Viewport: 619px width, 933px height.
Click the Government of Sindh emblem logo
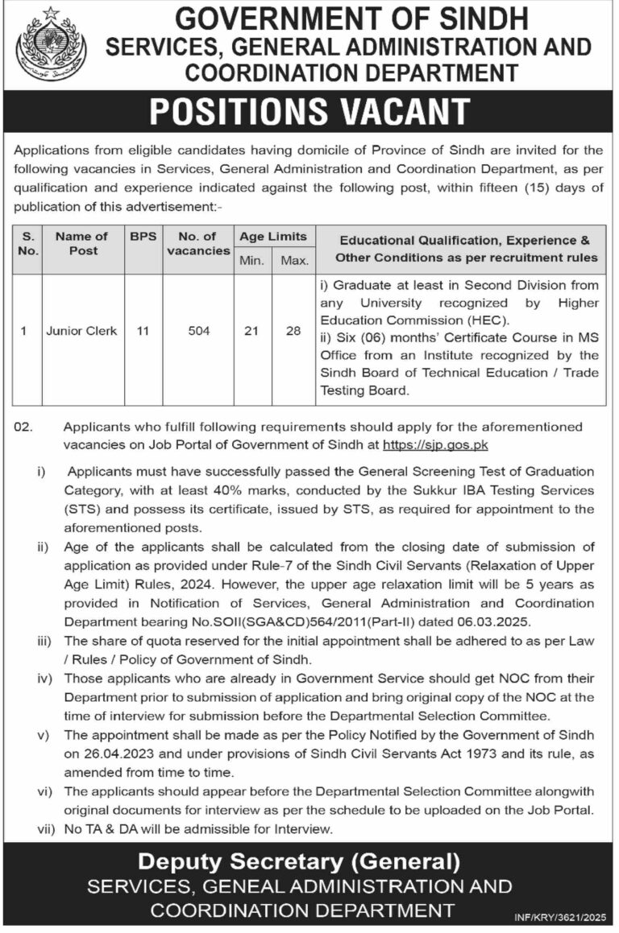51,44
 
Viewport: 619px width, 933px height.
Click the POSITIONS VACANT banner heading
309,112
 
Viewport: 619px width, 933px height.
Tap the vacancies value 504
198,331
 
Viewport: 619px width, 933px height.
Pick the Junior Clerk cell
81,331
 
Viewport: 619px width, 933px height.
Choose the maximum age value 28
294,331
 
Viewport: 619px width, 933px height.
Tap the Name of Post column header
81,243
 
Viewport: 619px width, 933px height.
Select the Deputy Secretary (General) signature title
299,861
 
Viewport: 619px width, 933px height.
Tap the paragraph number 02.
24,428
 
